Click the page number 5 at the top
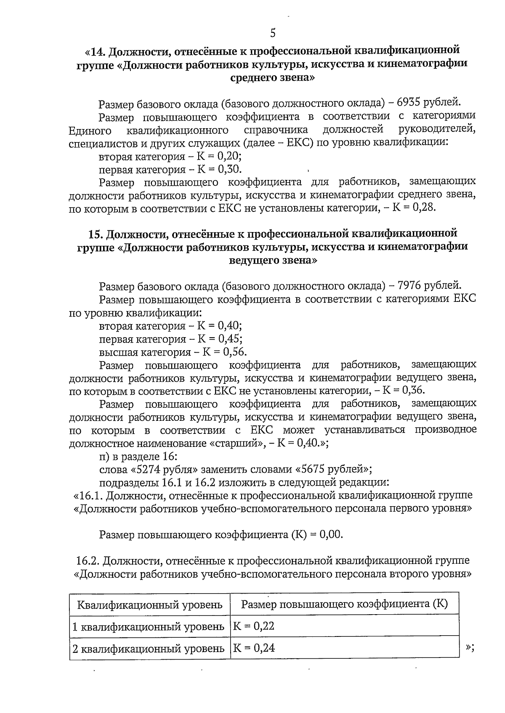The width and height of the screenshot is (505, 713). pyautogui.click(x=273, y=33)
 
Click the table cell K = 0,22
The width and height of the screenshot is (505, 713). pyautogui.click(x=254, y=626)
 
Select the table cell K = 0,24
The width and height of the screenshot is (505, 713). pyautogui.click(x=254, y=648)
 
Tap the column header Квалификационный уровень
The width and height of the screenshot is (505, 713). pyautogui.click(x=150, y=605)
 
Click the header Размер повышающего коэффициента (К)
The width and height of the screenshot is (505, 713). pyautogui.click(x=344, y=604)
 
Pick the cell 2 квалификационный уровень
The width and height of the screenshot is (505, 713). pyautogui.click(x=149, y=648)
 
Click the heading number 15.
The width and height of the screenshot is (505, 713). pyautogui.click(x=96, y=233)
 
